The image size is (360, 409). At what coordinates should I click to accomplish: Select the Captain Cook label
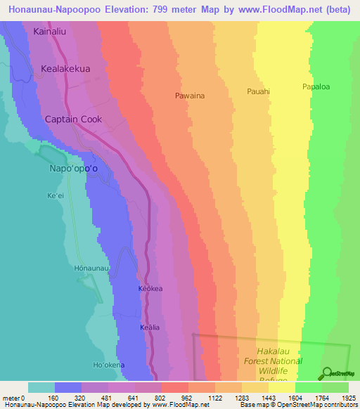(x=73, y=119)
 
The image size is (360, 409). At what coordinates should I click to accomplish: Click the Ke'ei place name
(x=55, y=195)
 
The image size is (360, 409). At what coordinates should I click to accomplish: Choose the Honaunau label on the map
(x=91, y=268)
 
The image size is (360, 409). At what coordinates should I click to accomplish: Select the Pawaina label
(x=190, y=96)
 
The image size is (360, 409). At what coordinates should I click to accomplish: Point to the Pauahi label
(x=259, y=91)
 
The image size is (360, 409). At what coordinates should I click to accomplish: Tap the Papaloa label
(x=316, y=87)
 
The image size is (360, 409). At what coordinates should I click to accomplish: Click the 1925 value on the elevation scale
(x=349, y=397)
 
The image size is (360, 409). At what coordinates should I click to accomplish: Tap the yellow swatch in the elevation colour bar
(x=282, y=387)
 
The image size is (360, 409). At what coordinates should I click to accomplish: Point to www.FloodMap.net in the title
(x=267, y=9)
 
